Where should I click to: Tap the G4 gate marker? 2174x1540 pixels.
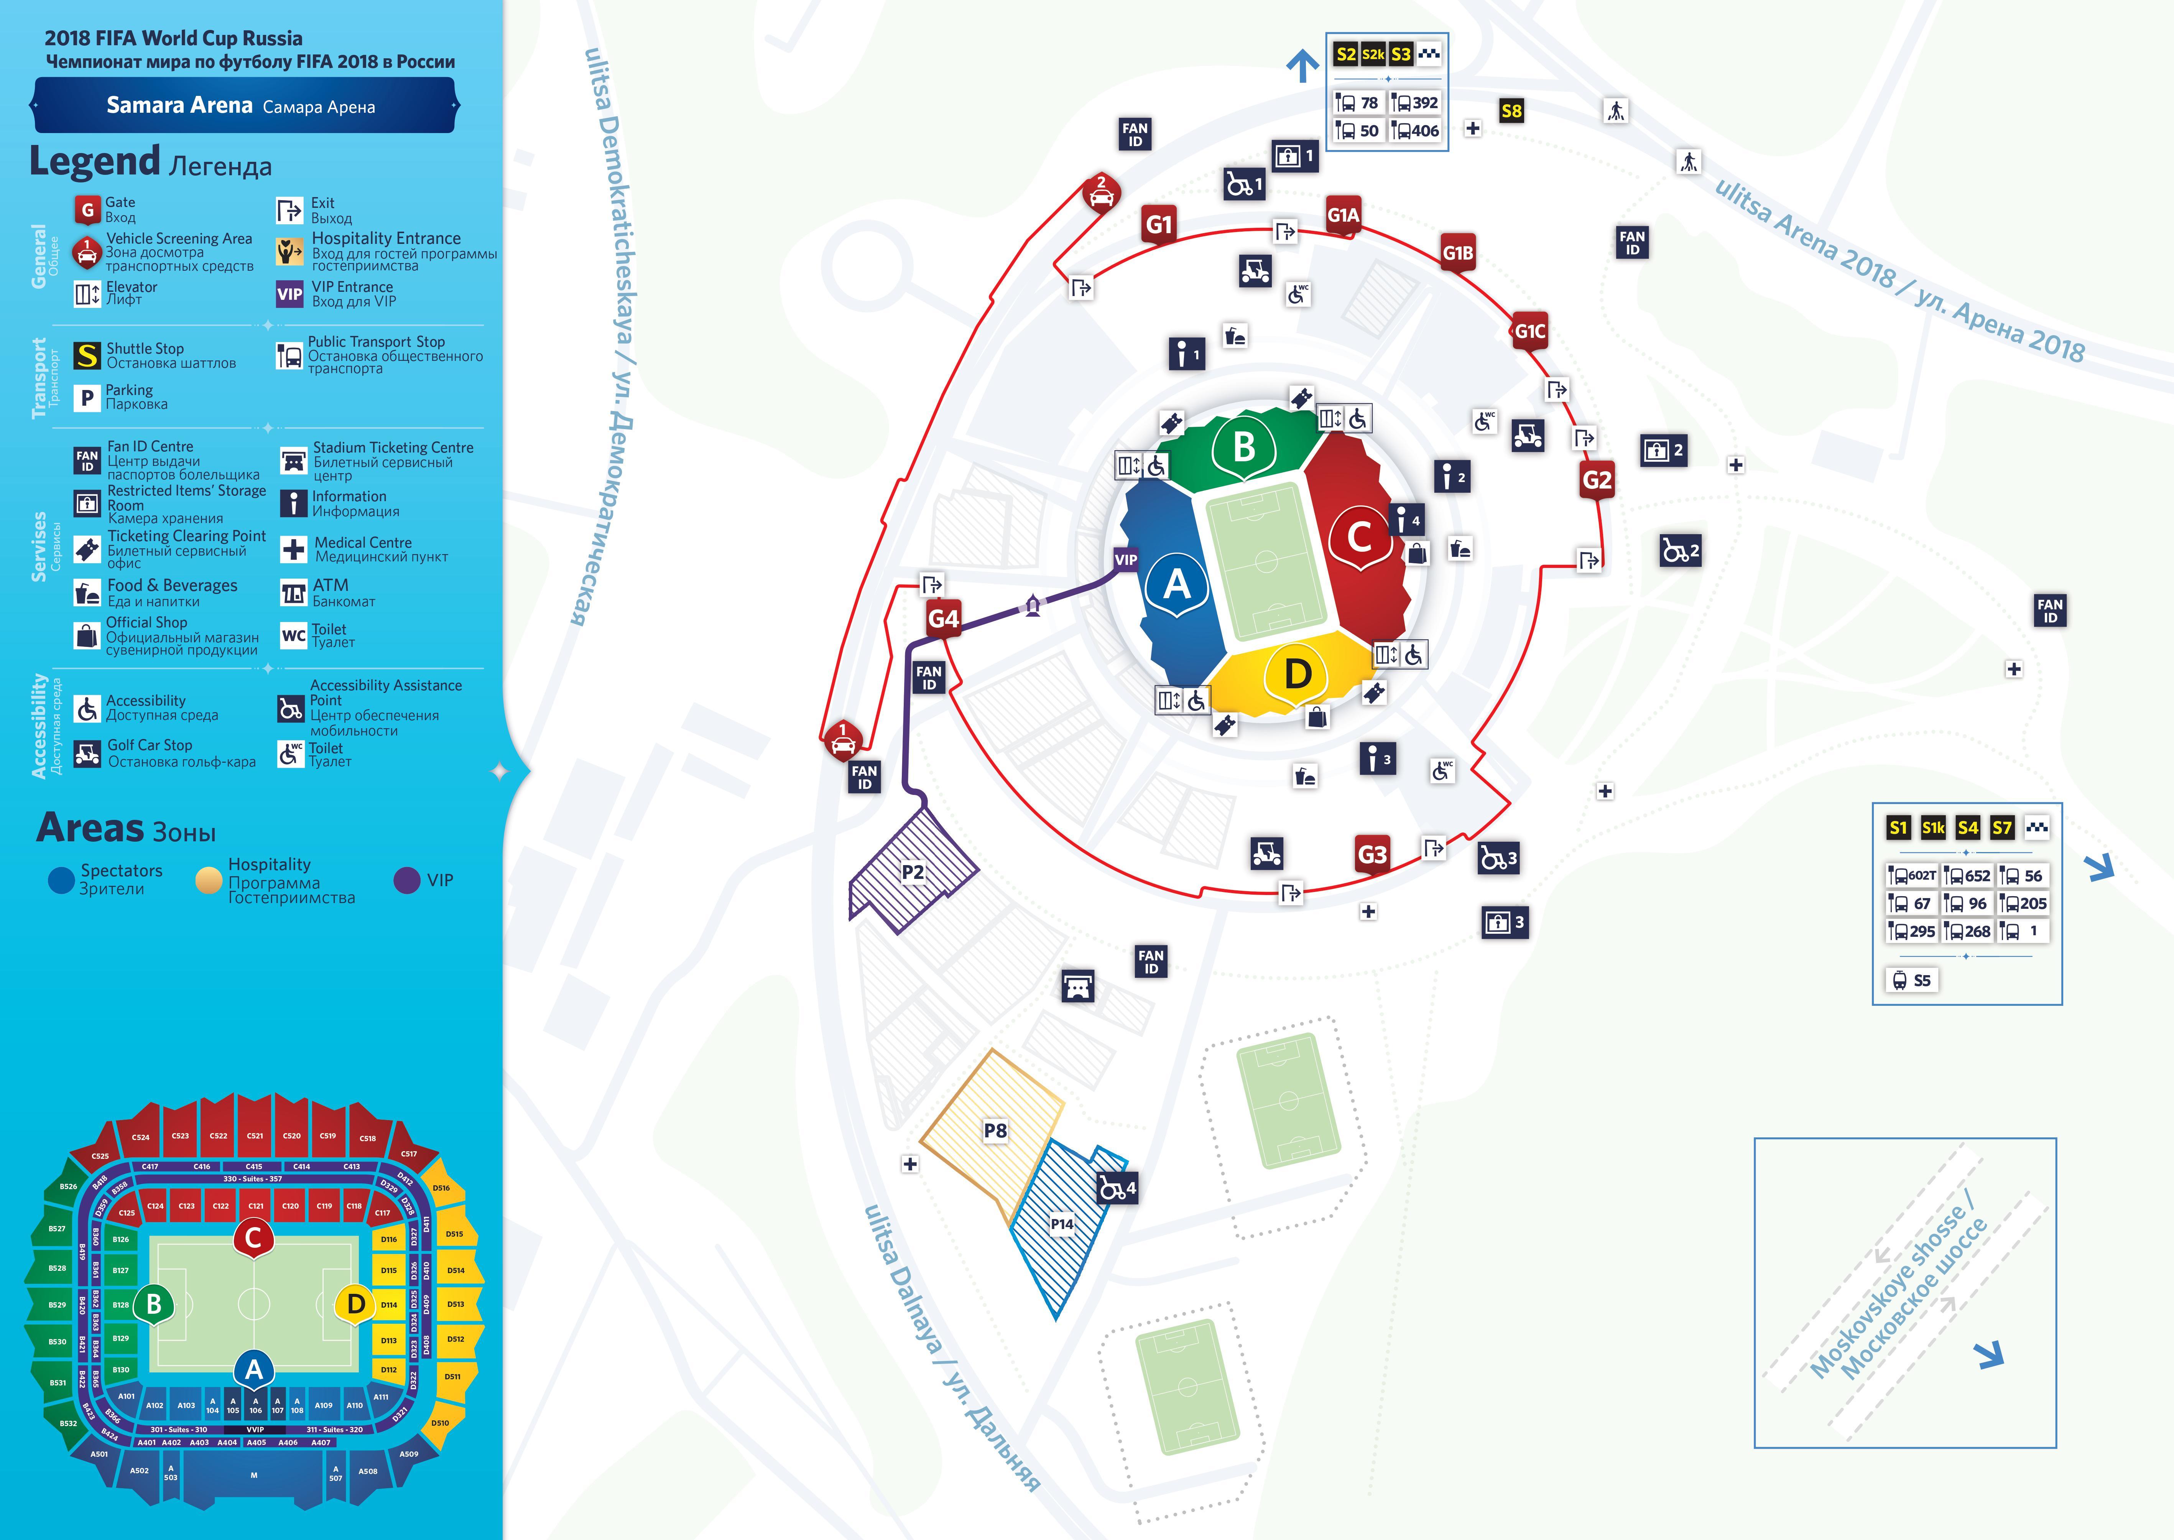pyautogui.click(x=943, y=619)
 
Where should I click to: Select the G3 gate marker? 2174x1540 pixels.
pyautogui.click(x=1372, y=854)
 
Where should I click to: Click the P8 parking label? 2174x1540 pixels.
pyautogui.click(x=995, y=1130)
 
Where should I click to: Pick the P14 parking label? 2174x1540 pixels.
pyautogui.click(x=1062, y=1224)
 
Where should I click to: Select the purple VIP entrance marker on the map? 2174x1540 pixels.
pyautogui.click(x=1125, y=559)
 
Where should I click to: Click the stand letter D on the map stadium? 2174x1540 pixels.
pyautogui.click(x=1297, y=675)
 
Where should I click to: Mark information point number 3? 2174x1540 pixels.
pyautogui.click(x=1378, y=760)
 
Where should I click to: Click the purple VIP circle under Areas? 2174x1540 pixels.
pyautogui.click(x=407, y=880)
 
